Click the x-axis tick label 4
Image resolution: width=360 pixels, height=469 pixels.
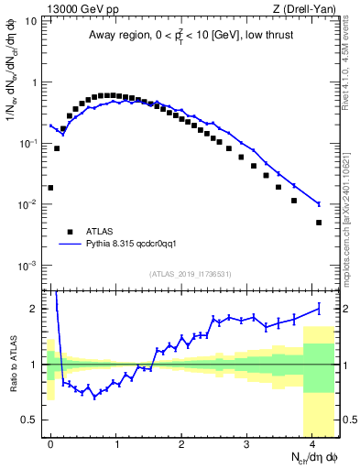(312, 443)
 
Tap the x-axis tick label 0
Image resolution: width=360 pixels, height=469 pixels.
(50, 443)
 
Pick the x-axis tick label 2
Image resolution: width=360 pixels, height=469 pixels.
(181, 443)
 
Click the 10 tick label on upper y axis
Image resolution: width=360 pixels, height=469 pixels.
(29, 20)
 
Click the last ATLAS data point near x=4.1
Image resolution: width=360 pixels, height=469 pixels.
(319, 223)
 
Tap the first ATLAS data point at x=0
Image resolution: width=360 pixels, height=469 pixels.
(50, 188)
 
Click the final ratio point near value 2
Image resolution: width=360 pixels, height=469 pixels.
(319, 308)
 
